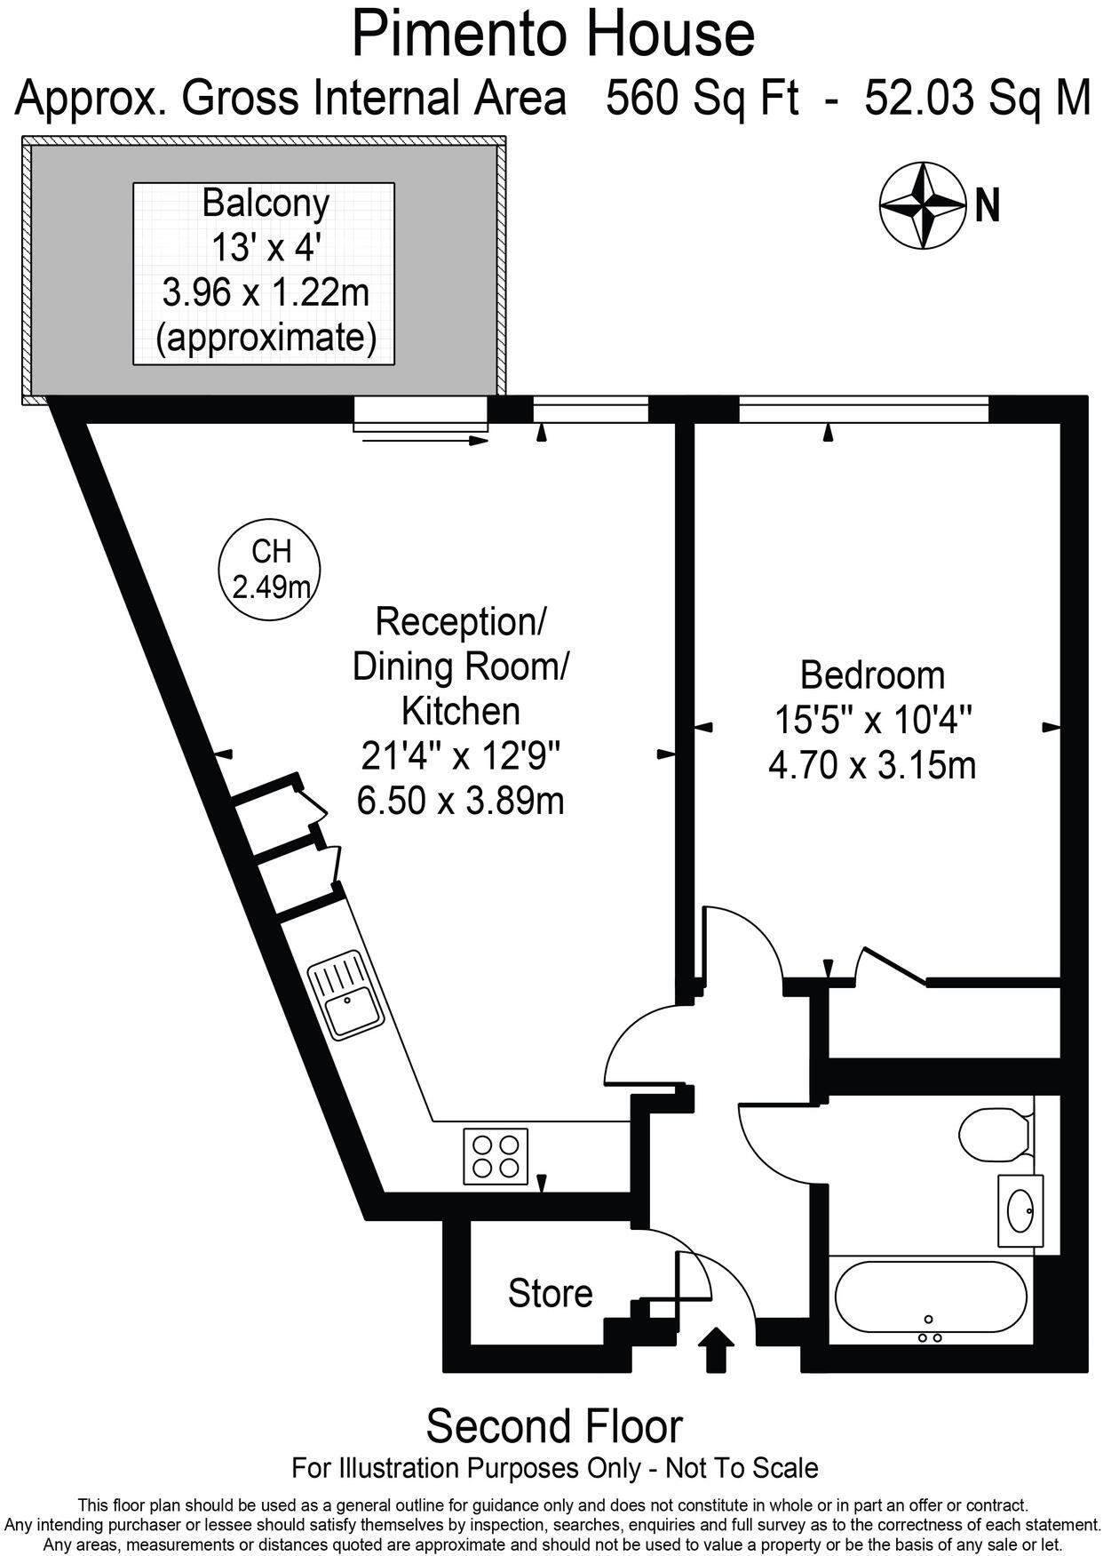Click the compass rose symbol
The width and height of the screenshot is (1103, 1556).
pyautogui.click(x=922, y=205)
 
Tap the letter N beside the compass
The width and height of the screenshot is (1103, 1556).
pyautogui.click(x=988, y=206)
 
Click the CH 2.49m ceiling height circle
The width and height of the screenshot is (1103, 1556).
pyautogui.click(x=270, y=570)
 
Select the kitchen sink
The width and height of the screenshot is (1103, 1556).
pyautogui.click(x=346, y=995)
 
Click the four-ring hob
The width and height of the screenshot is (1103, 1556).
pyautogui.click(x=495, y=1156)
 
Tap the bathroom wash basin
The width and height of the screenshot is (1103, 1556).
pyautogui.click(x=1020, y=1210)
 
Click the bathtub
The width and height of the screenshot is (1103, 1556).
pyautogui.click(x=930, y=1296)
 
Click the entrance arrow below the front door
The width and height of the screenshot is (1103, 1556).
pyautogui.click(x=717, y=1349)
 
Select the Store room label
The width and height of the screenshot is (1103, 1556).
pyautogui.click(x=550, y=1293)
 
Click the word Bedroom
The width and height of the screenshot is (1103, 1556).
pyautogui.click(x=872, y=675)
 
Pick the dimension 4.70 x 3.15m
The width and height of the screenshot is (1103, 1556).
pyautogui.click(x=872, y=765)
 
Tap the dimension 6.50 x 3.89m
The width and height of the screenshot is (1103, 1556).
pyautogui.click(x=460, y=802)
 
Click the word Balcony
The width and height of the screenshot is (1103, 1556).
pyautogui.click(x=266, y=203)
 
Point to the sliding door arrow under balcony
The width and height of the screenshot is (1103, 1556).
pyautogui.click(x=423, y=440)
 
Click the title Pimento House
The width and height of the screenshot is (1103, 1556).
pyautogui.click(x=552, y=34)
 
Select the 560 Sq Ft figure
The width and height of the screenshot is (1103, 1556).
pyautogui.click(x=702, y=98)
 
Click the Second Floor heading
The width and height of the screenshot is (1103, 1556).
pyautogui.click(x=554, y=1426)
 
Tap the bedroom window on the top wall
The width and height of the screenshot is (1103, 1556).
pyautogui.click(x=863, y=410)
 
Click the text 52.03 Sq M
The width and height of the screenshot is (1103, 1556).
pyautogui.click(x=977, y=98)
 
